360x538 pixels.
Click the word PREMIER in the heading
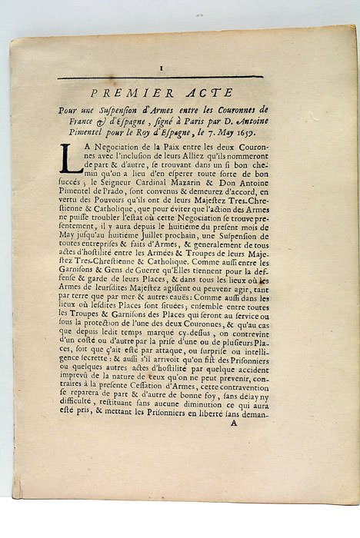[x=139, y=92]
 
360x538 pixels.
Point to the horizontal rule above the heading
[x=160, y=77]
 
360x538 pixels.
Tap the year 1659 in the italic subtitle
[x=248, y=131]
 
